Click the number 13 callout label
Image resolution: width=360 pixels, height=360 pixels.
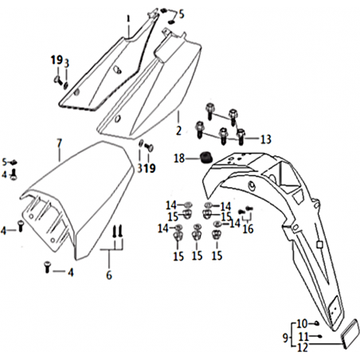pyautogui.click(x=265, y=139)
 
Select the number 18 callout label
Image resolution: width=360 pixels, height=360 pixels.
pyautogui.click(x=179, y=158)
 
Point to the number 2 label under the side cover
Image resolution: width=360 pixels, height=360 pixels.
pyautogui.click(x=178, y=131)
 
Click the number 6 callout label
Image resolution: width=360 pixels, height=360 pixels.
pyautogui.click(x=109, y=276)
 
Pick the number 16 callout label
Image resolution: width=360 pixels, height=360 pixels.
pyautogui.click(x=248, y=229)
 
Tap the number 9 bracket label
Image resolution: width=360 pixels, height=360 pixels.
pyautogui.click(x=285, y=338)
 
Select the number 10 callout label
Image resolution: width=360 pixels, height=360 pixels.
pyautogui.click(x=302, y=323)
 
